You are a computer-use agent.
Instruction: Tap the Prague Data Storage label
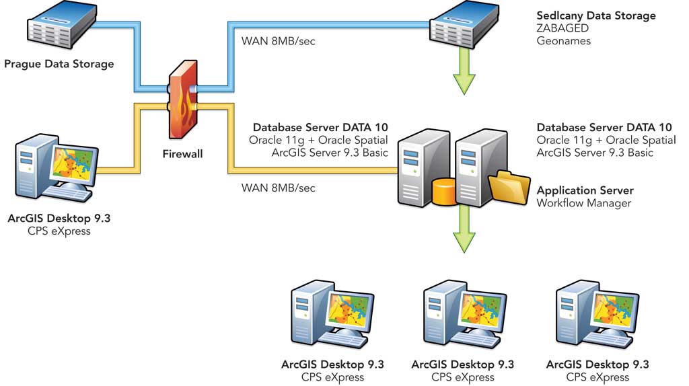(x=59, y=65)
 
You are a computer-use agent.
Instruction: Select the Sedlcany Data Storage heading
(x=595, y=15)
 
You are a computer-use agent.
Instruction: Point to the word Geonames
(x=563, y=41)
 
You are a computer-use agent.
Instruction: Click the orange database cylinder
(x=443, y=192)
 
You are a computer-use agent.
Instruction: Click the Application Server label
(x=585, y=190)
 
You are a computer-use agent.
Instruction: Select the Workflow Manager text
(x=583, y=203)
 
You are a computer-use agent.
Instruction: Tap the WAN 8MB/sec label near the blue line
(x=278, y=41)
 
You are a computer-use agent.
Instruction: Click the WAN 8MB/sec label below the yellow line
(x=278, y=188)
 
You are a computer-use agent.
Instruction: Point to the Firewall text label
(x=182, y=154)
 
